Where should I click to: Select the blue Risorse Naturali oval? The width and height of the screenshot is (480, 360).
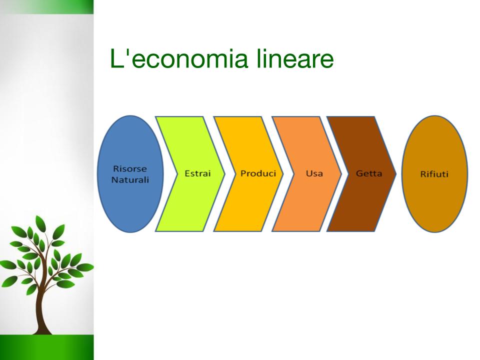tap(130, 174)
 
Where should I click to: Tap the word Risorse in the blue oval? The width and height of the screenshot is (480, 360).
tap(130, 168)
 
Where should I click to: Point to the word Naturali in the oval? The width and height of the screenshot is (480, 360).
tap(130, 179)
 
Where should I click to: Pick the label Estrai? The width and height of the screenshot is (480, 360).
tap(198, 173)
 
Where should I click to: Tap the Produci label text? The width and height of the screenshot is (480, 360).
tap(258, 173)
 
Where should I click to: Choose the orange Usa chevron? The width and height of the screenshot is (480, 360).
tap(307, 174)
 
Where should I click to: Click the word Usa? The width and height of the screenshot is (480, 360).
tap(314, 173)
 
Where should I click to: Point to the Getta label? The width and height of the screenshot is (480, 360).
tap(369, 173)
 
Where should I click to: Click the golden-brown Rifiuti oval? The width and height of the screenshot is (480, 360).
tap(434, 174)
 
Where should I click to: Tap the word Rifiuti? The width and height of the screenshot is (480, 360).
tap(434, 174)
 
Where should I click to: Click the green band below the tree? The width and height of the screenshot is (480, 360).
tap(47, 347)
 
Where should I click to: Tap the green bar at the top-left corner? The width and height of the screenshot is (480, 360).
tap(47, 6)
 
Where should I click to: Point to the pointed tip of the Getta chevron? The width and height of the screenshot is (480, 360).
tap(396, 174)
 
